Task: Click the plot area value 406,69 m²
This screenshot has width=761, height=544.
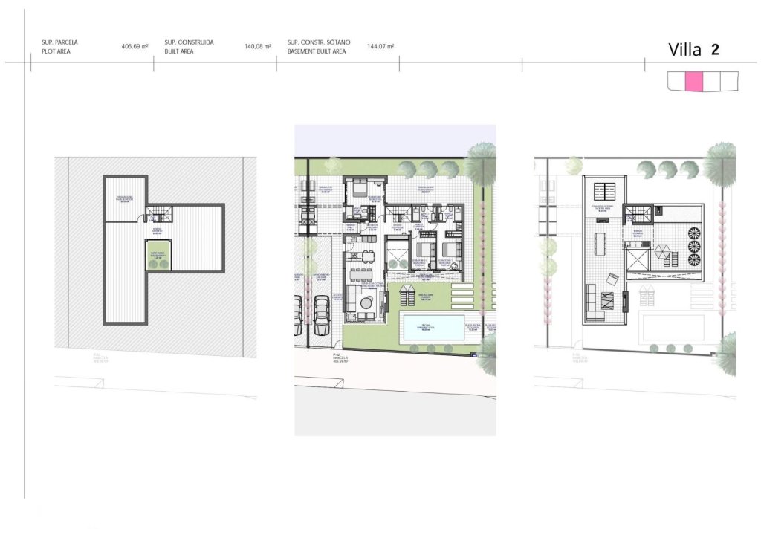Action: click(135, 46)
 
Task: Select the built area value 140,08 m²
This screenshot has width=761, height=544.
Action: click(257, 46)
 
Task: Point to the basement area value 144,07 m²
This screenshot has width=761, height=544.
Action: click(380, 46)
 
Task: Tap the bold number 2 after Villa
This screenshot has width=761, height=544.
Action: click(714, 50)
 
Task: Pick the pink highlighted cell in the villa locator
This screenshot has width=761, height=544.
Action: click(693, 82)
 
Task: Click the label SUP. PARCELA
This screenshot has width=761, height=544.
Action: click(60, 42)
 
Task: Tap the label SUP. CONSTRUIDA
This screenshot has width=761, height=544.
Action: click(189, 42)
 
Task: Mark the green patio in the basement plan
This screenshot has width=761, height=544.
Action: click(158, 256)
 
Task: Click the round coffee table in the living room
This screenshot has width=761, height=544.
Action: click(366, 301)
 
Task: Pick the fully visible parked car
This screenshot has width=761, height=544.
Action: click(322, 316)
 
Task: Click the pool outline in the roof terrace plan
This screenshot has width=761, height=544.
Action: click(669, 327)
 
